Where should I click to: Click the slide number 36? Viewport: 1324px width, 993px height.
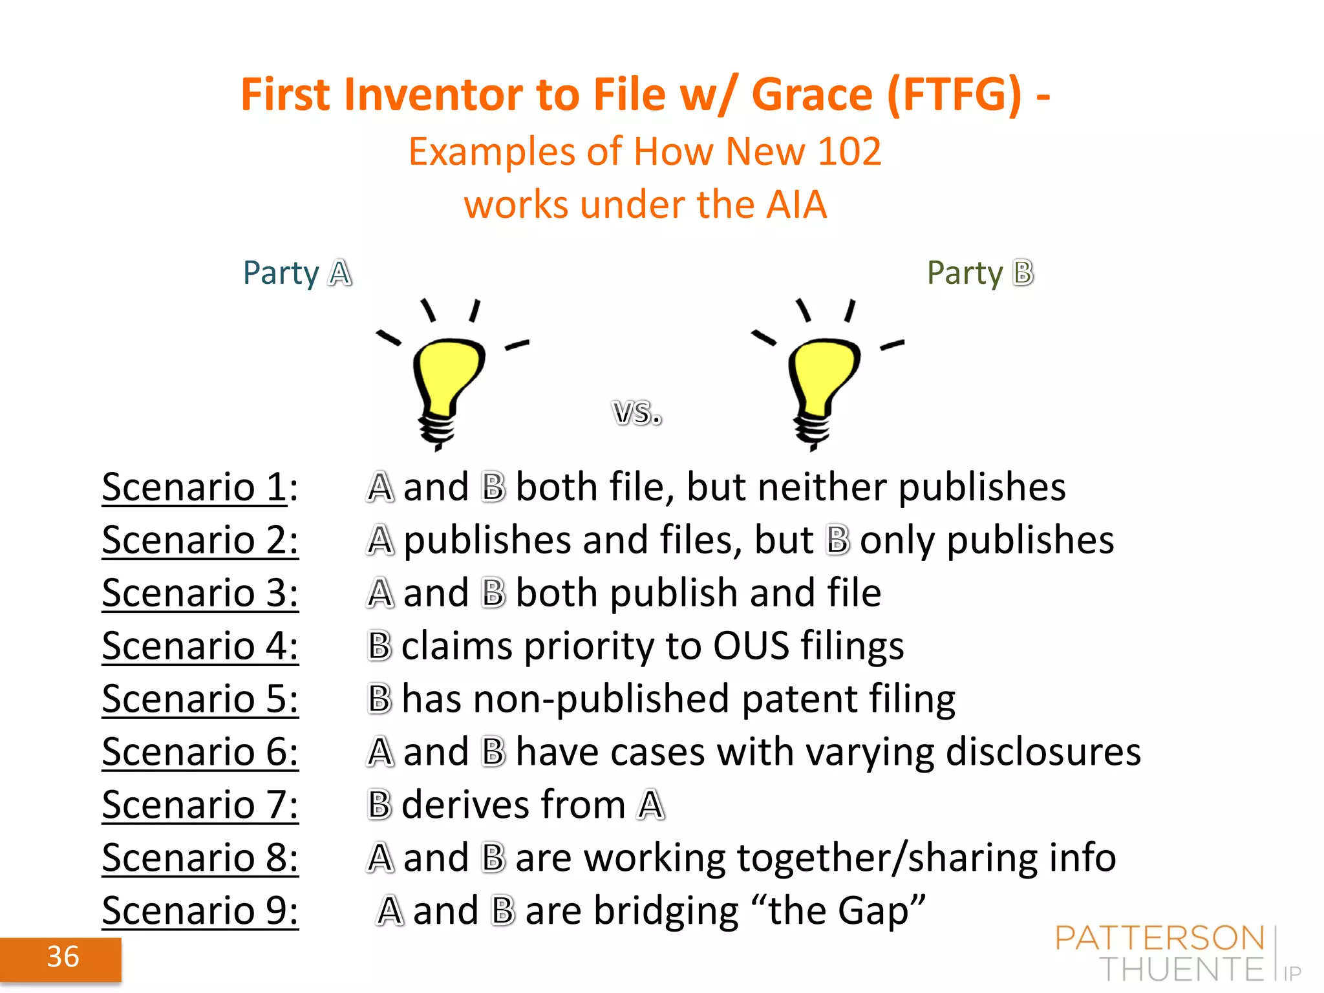pos(63,957)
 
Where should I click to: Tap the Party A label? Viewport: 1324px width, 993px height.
pos(297,273)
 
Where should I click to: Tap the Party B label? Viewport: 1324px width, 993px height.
pos(980,273)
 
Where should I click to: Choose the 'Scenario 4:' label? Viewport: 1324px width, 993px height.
pos(200,646)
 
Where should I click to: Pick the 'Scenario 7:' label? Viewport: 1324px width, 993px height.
pos(200,805)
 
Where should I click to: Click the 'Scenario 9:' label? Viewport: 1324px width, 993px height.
pos(200,911)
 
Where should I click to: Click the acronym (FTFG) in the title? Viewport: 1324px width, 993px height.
pos(954,95)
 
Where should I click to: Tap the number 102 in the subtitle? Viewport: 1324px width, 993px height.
pos(849,152)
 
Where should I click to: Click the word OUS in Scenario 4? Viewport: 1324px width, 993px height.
pos(751,646)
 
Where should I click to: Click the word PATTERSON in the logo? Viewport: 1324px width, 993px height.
pos(1160,938)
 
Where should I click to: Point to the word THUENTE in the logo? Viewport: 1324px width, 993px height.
pos(1181,969)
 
